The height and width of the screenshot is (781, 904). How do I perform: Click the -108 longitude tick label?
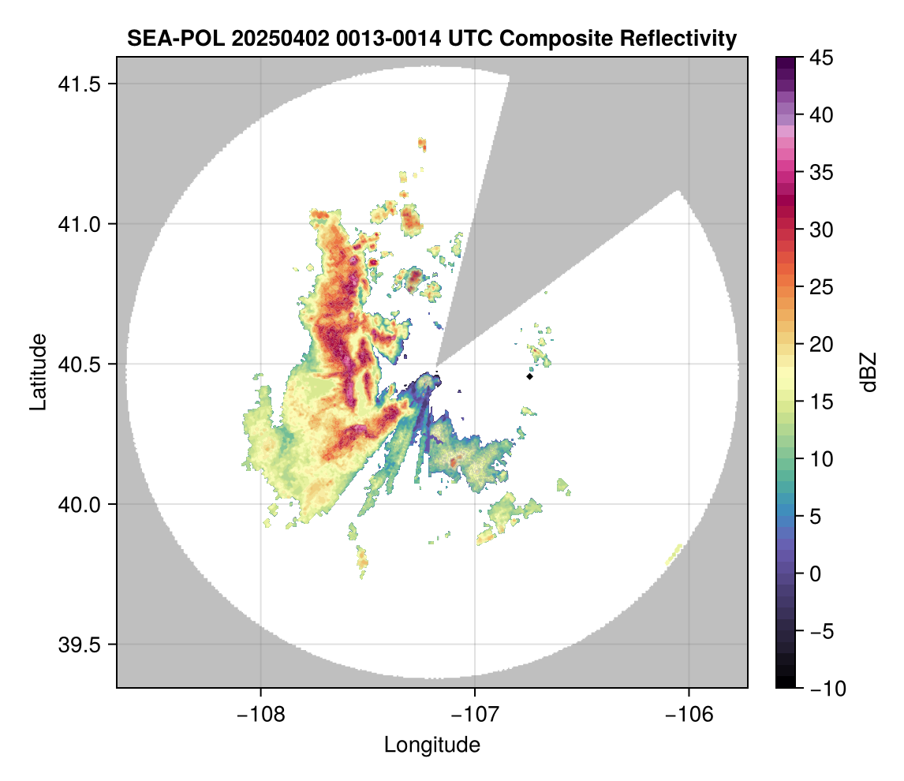point(260,714)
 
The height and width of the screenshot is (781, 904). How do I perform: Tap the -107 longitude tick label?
point(475,714)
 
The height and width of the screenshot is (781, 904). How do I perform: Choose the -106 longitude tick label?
point(689,714)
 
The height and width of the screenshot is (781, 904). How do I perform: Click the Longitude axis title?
point(431,745)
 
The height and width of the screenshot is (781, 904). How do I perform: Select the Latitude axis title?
point(38,372)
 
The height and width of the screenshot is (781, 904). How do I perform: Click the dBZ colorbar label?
point(869,372)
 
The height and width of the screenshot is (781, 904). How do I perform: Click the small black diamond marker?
point(529,376)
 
